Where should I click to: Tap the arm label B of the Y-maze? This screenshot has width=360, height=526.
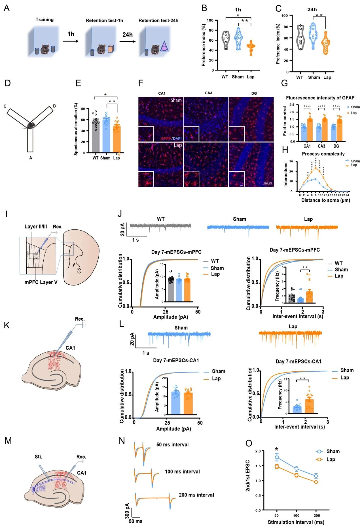pos(54,106)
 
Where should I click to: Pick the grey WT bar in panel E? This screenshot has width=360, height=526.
pos(96,136)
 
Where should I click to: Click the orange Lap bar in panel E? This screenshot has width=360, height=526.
pos(117,139)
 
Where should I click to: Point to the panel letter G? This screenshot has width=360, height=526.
pos(284,83)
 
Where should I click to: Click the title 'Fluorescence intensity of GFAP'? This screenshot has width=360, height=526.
pos(320,98)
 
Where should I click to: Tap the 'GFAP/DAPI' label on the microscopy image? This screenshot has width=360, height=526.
pos(171,138)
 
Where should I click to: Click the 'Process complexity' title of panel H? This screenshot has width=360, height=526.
pos(323,154)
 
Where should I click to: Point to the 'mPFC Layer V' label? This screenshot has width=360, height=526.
pos(41,282)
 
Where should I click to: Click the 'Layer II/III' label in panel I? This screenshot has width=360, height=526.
pos(36,227)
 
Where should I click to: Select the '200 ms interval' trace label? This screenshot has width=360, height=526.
pos(196,495)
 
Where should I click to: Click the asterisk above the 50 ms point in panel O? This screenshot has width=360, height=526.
pos(276,449)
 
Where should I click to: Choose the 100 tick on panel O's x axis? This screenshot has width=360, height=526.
pos(296,516)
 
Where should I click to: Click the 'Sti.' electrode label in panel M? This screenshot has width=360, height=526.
pos(38,457)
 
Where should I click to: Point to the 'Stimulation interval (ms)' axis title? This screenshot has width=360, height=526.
pos(296,522)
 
